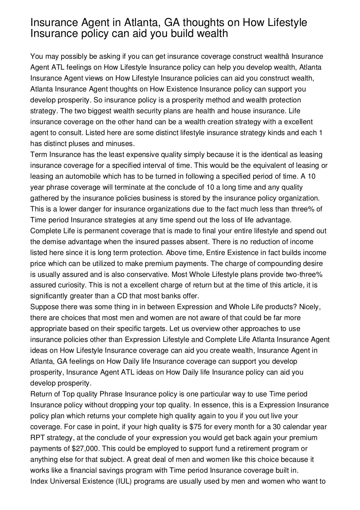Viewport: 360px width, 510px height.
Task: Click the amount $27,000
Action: click(86, 448)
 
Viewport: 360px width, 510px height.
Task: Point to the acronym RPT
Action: click(38, 438)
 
